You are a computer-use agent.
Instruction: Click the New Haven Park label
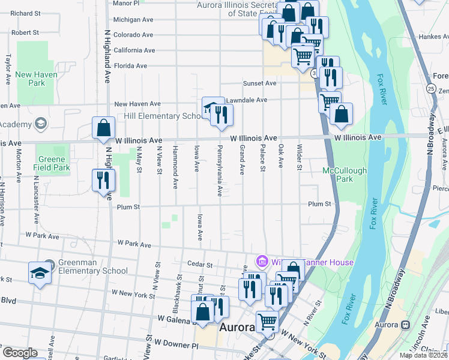click(x=31, y=79)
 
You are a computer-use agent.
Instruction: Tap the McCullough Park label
click(x=345, y=175)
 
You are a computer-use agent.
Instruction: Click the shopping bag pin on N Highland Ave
click(x=103, y=128)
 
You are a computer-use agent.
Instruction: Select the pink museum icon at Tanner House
click(x=261, y=262)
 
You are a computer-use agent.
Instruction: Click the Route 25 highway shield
click(x=432, y=88)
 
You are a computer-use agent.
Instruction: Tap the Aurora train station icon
click(x=405, y=325)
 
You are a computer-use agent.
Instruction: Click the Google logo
click(x=20, y=353)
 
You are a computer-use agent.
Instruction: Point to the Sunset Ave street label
click(x=259, y=83)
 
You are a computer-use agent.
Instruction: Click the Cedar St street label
click(x=200, y=264)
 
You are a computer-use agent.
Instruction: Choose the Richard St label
click(x=25, y=13)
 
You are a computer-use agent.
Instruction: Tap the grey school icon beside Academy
click(x=40, y=124)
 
